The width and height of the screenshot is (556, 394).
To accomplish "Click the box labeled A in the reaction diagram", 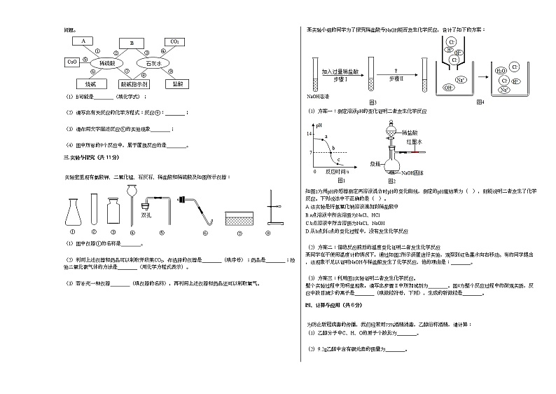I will (x=83, y=41).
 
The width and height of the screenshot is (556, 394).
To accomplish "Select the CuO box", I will (x=72, y=62).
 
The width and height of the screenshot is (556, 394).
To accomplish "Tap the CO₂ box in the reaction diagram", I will (x=174, y=42).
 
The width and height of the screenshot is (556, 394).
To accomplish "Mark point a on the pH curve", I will (x=326, y=136).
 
